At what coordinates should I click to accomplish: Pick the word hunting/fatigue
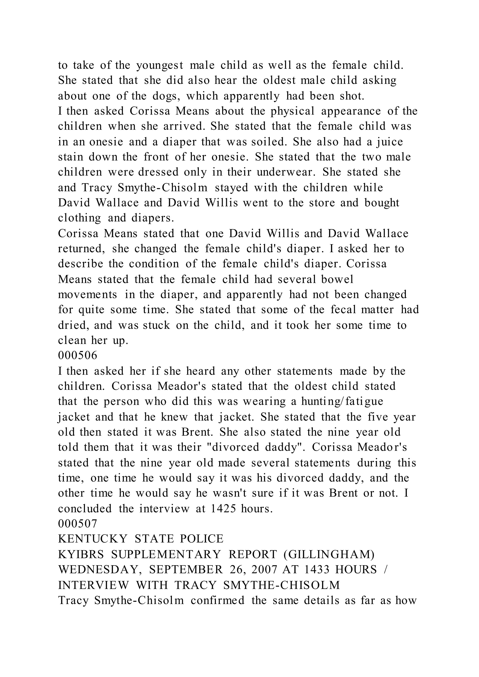pos(342,402)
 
